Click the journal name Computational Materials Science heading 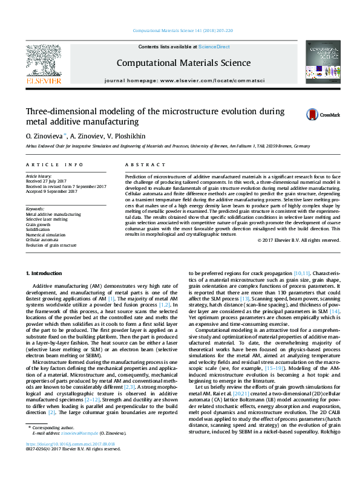(x=183, y=63)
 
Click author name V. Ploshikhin (x=126, y=137)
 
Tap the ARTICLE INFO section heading (x=54, y=164)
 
